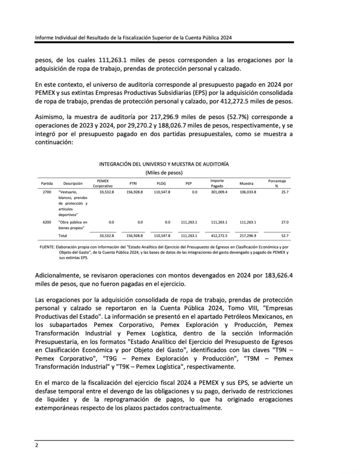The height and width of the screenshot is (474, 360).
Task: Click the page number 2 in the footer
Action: point(37,445)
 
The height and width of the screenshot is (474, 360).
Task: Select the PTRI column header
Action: point(133,183)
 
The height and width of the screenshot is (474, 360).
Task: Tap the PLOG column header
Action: point(161,183)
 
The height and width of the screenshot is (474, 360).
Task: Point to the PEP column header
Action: point(188,183)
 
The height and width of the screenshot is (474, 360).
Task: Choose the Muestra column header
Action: point(246,183)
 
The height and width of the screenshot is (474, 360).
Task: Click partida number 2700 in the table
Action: point(47,192)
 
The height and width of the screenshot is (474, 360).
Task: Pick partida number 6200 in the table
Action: point(47,222)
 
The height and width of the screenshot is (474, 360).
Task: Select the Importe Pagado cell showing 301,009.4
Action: point(219,192)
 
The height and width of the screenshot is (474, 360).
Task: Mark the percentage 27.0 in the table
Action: point(285,222)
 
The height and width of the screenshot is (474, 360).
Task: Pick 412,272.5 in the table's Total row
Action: point(219,236)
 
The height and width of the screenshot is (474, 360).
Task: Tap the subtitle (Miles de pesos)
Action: point(164,173)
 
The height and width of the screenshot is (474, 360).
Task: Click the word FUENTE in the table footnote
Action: point(47,247)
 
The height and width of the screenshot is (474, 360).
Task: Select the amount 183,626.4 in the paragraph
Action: point(277,275)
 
